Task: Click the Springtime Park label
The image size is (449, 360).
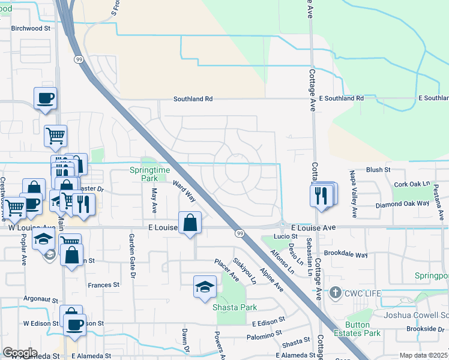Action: (x=143, y=174)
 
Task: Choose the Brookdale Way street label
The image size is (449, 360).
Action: (x=344, y=254)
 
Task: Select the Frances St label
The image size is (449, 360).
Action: (x=104, y=286)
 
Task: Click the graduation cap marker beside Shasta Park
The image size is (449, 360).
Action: (x=205, y=286)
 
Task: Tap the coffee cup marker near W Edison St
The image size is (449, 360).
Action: (x=74, y=325)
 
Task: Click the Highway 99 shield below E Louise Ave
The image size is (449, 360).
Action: (x=240, y=233)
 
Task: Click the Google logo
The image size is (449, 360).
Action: (x=20, y=353)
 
